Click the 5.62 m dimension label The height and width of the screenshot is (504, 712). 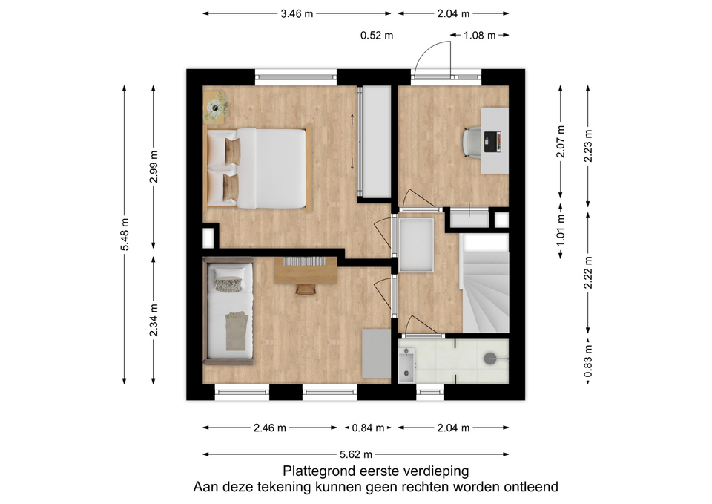coord(356,454)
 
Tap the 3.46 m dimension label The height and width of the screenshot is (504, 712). coord(297,13)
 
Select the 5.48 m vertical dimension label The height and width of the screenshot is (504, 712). coord(125,234)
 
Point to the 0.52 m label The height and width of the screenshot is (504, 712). coord(377,36)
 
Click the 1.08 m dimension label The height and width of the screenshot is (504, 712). coord(480,36)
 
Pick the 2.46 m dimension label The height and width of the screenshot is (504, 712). coord(270,428)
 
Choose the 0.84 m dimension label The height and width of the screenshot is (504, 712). coord(369,428)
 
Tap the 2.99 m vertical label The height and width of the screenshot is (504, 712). coord(154,166)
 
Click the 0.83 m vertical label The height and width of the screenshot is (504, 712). coord(588,361)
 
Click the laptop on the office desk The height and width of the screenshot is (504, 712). coord(492,142)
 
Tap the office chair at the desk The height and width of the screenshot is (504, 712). coord(472,143)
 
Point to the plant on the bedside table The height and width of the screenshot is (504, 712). coord(215,108)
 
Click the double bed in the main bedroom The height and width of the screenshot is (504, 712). coord(257,168)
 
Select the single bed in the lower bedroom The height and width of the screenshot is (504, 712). coord(229,311)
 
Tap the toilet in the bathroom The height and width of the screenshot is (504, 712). coord(494,359)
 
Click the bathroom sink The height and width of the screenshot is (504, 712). coord(406,363)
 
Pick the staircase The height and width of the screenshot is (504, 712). coord(485,283)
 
